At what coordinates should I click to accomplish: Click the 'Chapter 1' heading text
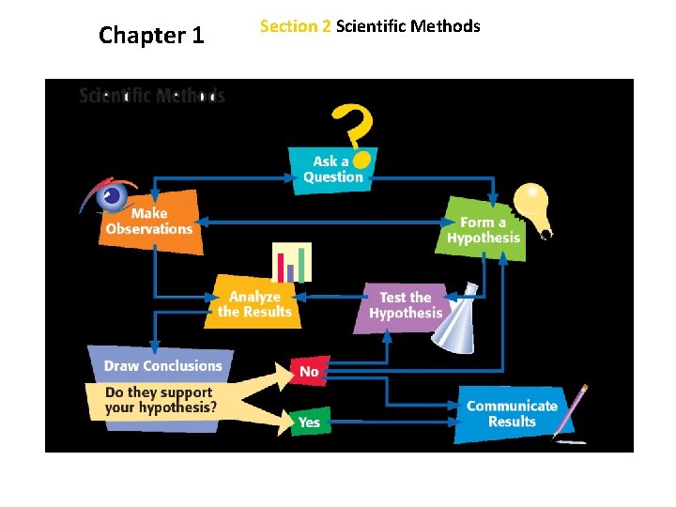click(x=151, y=36)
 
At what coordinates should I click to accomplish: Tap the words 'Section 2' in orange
click(x=295, y=26)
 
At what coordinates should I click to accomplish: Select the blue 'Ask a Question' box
click(x=333, y=169)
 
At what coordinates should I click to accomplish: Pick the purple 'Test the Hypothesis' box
click(x=405, y=305)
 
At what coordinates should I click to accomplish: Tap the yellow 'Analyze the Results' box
click(x=254, y=304)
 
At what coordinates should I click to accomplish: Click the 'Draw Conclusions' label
click(x=162, y=366)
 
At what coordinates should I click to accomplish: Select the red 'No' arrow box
click(x=309, y=372)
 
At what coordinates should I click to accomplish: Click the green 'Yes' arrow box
click(x=309, y=422)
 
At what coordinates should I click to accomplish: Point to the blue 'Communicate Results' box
click(x=512, y=413)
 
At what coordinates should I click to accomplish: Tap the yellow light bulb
click(x=530, y=205)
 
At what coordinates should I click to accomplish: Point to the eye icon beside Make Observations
click(x=110, y=195)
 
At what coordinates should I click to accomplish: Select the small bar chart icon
click(x=291, y=262)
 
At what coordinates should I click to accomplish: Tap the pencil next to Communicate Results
click(x=572, y=411)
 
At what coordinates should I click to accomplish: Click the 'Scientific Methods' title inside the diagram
click(x=151, y=96)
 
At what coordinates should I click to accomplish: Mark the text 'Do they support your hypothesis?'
click(x=160, y=400)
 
